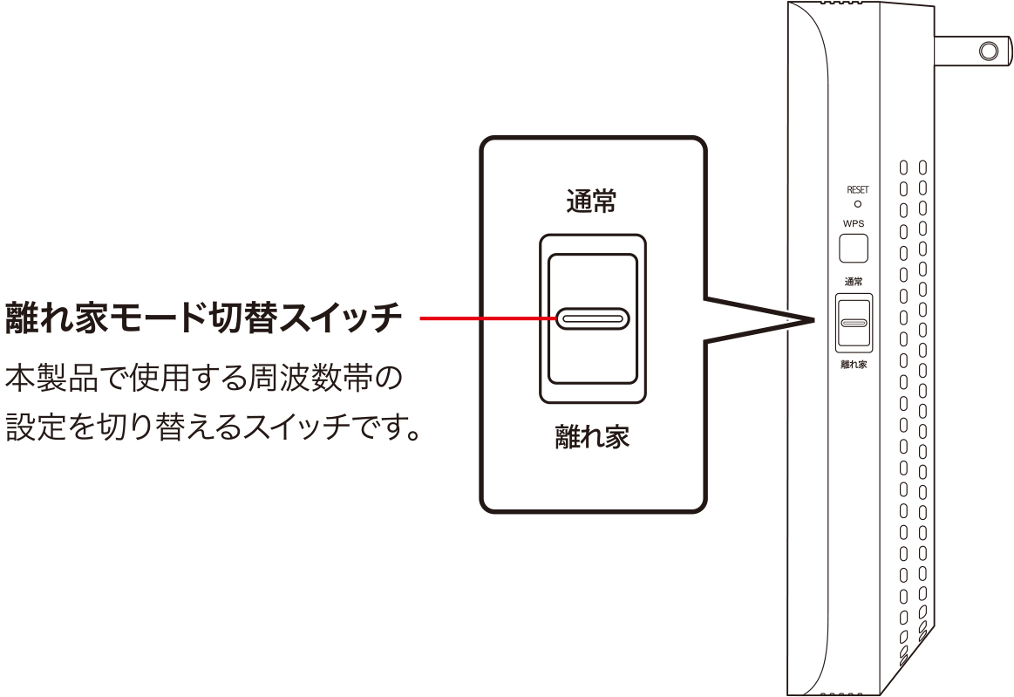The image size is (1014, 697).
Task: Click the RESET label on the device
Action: pos(857,189)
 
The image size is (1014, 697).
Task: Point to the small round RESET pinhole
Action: pos(857,203)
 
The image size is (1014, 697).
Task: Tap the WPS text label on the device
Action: pos(854,223)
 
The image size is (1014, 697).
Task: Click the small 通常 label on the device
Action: pos(854,281)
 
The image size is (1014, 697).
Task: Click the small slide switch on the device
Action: pos(854,322)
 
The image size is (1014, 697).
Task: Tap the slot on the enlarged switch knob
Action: pos(593,318)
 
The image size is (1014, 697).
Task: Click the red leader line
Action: pos(488,318)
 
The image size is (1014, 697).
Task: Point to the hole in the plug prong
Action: pos(989,51)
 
